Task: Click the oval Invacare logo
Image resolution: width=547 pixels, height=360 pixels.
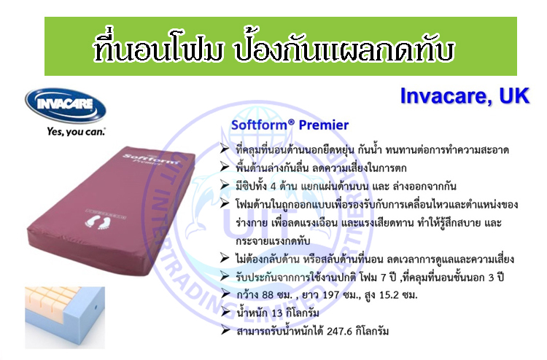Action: pyautogui.click(x=66, y=105)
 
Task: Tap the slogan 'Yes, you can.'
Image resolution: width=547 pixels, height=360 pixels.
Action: pyautogui.click(x=76, y=131)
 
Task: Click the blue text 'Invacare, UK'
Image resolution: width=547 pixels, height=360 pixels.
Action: pyautogui.click(x=465, y=95)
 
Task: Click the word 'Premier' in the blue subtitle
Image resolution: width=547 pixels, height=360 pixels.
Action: pyautogui.click(x=324, y=125)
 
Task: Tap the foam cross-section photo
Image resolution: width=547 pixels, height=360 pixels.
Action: pyautogui.click(x=65, y=318)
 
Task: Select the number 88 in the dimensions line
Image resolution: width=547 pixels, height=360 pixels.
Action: pyautogui.click(x=268, y=295)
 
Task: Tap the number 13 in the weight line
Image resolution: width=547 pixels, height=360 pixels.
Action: pyautogui.click(x=276, y=313)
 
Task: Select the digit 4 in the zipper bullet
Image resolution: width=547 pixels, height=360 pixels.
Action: pyautogui.click(x=273, y=187)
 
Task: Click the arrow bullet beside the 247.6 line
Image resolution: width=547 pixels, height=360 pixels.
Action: pyautogui.click(x=225, y=330)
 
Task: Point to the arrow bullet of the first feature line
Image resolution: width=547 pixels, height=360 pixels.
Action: pyautogui.click(x=225, y=149)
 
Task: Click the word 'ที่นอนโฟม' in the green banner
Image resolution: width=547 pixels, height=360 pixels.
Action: pyautogui.click(x=158, y=49)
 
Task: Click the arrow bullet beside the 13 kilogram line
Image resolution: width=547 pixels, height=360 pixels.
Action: pyautogui.click(x=225, y=312)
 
